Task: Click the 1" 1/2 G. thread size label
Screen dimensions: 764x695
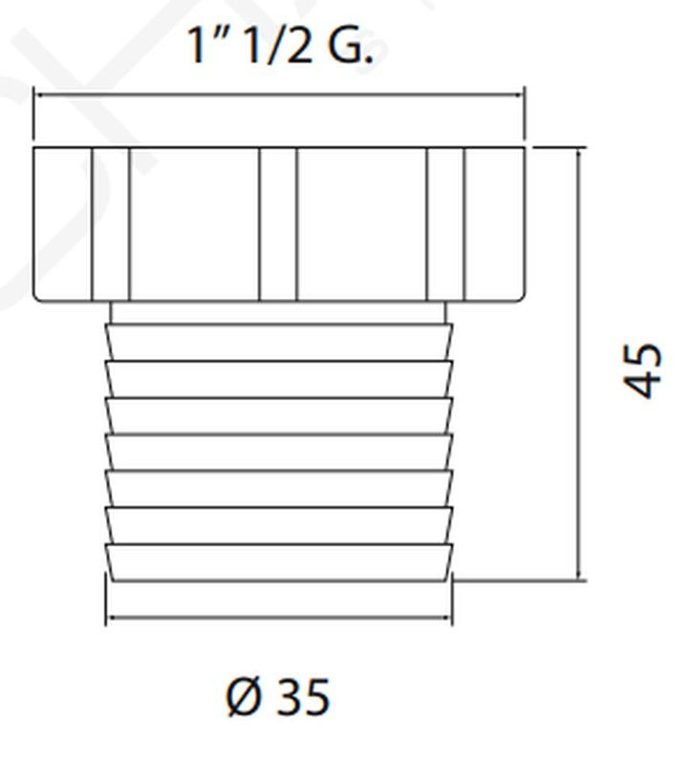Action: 280,45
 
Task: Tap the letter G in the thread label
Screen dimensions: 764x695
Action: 347,45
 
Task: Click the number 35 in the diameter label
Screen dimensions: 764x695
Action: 303,698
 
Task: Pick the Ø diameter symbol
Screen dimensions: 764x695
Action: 244,698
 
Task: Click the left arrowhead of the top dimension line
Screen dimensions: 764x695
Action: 39,95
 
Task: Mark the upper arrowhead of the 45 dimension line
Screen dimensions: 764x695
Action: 579,154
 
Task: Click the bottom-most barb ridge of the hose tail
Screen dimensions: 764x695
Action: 278,562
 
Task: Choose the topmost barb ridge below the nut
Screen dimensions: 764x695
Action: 278,343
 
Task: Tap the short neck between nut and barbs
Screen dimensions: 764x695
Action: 278,312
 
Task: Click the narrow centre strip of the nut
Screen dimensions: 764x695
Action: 278,224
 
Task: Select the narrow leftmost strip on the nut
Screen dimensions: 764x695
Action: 110,224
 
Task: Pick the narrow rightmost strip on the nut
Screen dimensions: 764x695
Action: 445,224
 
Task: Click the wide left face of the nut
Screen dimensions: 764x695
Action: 194,224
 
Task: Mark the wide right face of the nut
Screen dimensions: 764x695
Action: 361,224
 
